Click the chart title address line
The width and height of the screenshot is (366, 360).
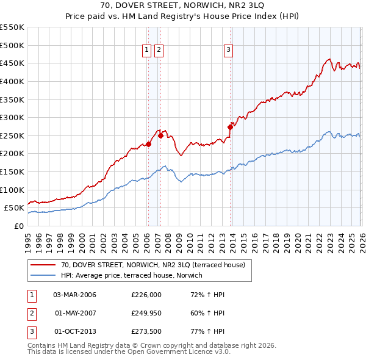point(183,7)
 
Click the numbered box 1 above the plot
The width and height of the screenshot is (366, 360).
point(148,51)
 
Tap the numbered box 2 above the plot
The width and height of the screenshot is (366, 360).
point(159,51)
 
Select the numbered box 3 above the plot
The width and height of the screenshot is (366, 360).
point(228,51)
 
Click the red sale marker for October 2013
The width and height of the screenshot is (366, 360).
point(231,128)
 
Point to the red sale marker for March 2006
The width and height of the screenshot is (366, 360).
point(148,145)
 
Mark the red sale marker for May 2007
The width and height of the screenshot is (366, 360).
point(160,136)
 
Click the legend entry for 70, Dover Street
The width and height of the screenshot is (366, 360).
point(152,265)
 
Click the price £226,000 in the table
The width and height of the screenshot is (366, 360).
point(146,295)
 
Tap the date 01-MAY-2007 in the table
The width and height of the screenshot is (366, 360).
point(74,314)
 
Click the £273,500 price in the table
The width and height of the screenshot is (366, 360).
point(146,333)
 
